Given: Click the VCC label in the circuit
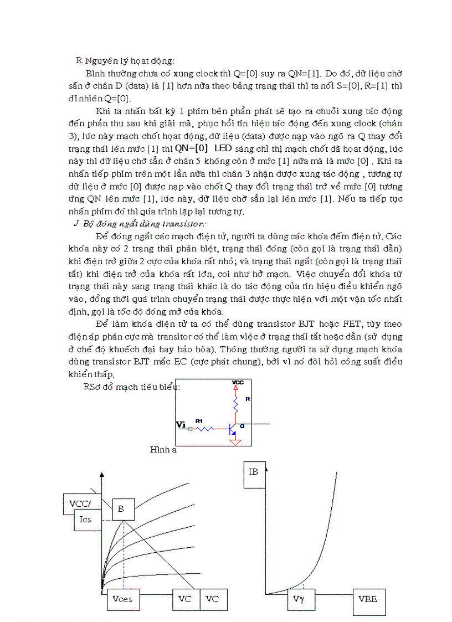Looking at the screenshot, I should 237,382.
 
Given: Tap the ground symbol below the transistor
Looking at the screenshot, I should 236,441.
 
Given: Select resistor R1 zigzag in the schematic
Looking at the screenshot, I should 206,428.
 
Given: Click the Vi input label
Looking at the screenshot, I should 181,425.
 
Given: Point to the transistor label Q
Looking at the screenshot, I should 242,426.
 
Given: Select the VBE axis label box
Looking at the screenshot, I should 368,600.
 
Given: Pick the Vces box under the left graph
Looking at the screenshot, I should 122,599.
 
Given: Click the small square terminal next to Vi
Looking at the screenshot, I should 191,428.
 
